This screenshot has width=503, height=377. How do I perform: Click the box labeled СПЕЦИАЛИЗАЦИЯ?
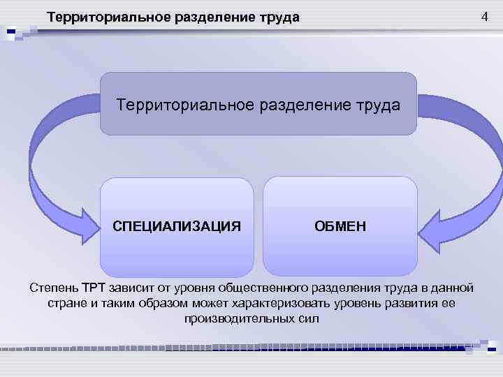[x=177, y=226]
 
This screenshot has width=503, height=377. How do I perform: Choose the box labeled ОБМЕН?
[x=340, y=226]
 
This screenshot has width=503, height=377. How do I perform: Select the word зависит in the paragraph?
[x=133, y=288]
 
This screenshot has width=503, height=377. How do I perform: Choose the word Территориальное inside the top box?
[x=184, y=105]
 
